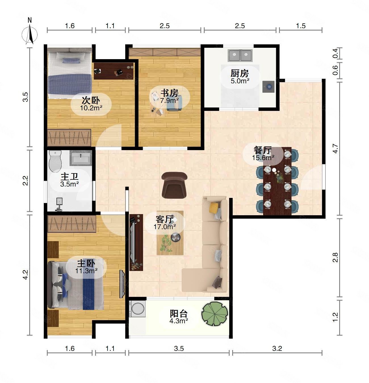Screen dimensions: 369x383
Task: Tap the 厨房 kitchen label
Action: click(x=240, y=74)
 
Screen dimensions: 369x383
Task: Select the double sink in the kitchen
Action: click(x=240, y=55)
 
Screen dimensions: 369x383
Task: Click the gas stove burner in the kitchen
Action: click(x=268, y=86)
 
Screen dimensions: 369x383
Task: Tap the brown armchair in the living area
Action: click(x=174, y=185)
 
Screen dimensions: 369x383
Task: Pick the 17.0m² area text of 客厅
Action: click(x=164, y=227)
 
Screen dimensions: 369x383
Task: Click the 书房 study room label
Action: click(x=169, y=93)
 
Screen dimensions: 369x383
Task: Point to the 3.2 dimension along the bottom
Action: click(x=277, y=349)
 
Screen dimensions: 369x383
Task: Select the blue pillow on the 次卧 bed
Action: click(x=72, y=61)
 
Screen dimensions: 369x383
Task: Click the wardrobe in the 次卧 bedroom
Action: click(x=69, y=137)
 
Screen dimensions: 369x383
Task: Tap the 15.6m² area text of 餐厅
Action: click(x=263, y=158)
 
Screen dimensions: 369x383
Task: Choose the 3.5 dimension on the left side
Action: click(x=26, y=97)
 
